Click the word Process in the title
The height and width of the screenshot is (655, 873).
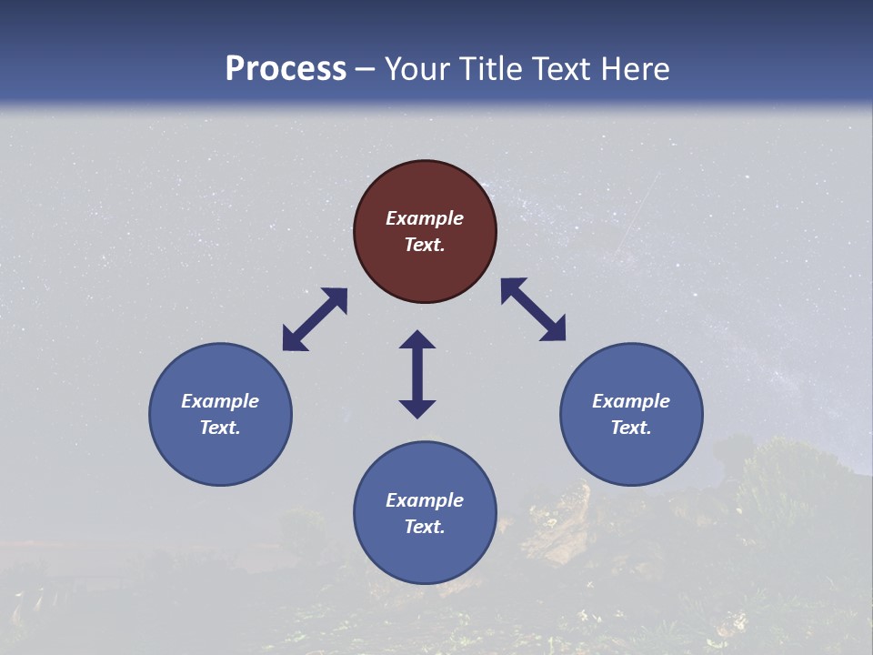click(286, 69)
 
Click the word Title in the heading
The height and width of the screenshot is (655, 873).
click(490, 69)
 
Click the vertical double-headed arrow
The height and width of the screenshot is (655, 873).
click(417, 374)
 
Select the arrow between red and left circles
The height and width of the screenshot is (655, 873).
click(315, 319)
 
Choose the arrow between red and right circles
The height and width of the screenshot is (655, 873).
click(534, 309)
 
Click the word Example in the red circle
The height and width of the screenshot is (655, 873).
click(425, 218)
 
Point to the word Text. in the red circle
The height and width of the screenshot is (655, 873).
click(425, 245)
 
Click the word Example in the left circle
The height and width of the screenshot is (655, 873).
click(220, 401)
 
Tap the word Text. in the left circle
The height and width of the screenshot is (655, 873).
click(220, 428)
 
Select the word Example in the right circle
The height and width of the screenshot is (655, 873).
click(631, 401)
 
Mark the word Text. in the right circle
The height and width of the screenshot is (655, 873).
click(631, 428)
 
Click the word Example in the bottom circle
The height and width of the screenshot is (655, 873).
click(425, 500)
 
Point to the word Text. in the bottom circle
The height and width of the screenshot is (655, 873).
click(425, 527)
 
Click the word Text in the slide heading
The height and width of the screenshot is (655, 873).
click(560, 69)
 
